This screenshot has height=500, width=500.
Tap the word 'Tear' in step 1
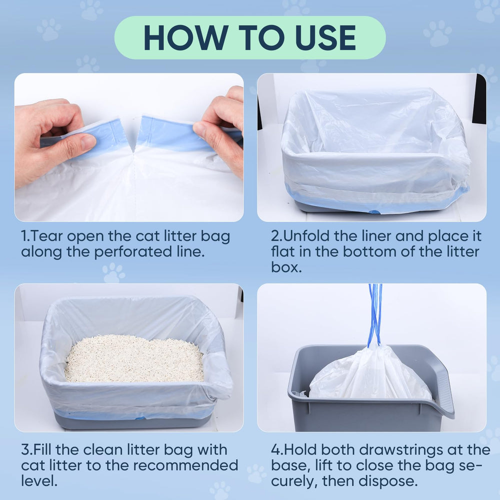coord(50,236)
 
